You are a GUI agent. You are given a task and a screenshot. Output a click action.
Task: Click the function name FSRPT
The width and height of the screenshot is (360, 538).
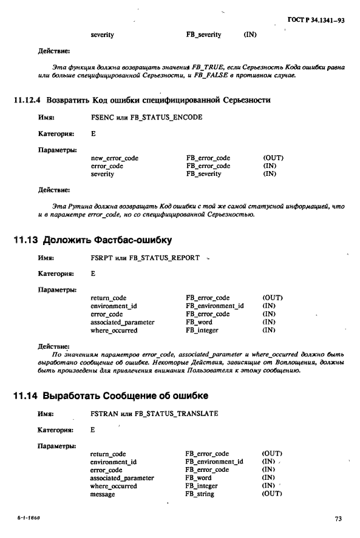(101, 258)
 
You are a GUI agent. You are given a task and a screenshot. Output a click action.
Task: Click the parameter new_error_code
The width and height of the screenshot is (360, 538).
(114, 158)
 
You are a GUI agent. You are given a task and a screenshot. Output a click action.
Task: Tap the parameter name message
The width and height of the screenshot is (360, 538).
(103, 494)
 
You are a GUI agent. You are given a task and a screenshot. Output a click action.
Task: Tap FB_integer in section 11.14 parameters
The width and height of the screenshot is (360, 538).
(202, 486)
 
